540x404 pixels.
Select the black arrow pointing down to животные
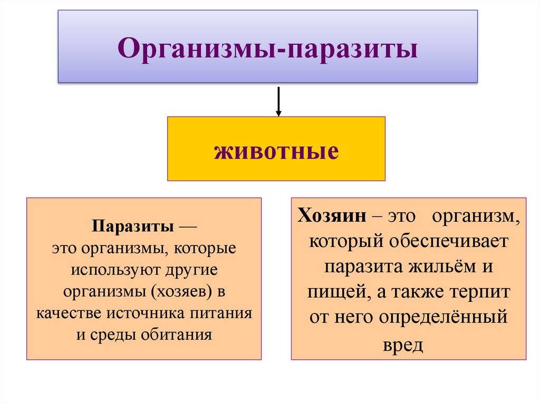278,101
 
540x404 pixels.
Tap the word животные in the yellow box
276,151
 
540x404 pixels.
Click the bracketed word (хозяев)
179,292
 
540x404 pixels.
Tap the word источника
144,313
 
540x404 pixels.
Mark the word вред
409,344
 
